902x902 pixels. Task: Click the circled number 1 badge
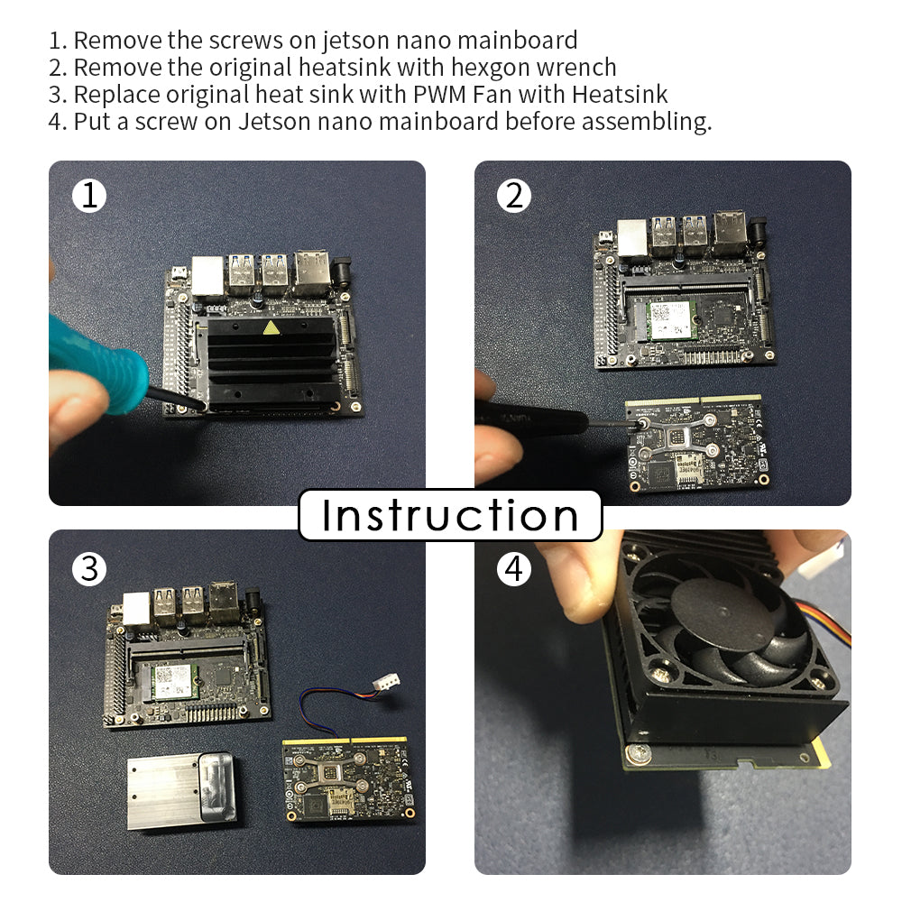[x=89, y=196]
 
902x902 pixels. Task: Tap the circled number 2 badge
[x=514, y=196]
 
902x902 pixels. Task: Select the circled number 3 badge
[x=89, y=569]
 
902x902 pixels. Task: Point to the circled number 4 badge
[x=514, y=569]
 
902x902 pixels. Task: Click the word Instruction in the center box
[x=450, y=515]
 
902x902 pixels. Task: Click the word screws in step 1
[x=245, y=41]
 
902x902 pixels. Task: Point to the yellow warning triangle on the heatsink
[x=271, y=328]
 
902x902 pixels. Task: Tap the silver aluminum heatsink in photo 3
[x=181, y=791]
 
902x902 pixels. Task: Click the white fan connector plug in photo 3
[x=385, y=685]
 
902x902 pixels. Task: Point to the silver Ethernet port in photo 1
[x=207, y=276]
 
